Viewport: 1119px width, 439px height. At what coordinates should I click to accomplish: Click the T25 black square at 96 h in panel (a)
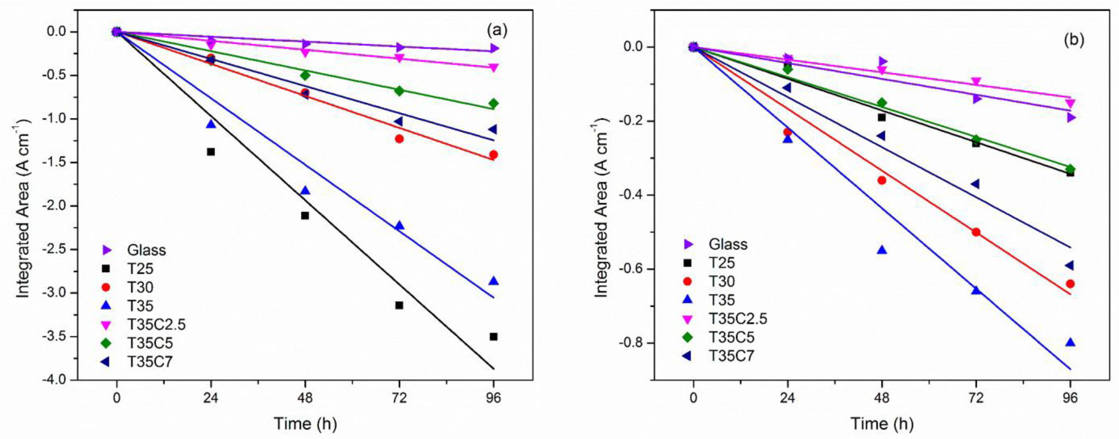(493, 337)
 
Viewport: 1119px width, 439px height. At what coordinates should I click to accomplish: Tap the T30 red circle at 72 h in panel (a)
(399, 139)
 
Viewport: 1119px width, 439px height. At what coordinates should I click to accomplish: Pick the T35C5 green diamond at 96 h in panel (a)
(493, 103)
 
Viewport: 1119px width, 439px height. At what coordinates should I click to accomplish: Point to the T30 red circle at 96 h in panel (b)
(1070, 284)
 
